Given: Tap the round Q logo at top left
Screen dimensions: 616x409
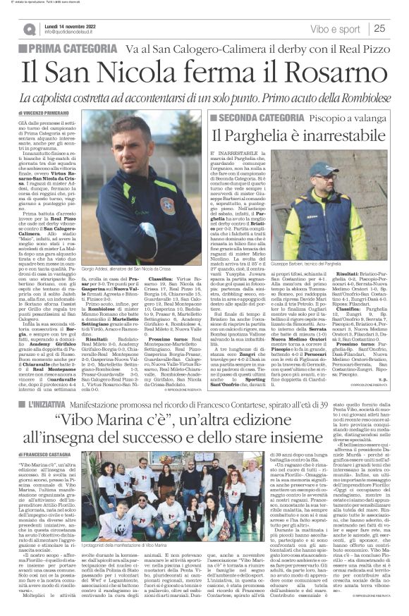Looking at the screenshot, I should pos(29,29).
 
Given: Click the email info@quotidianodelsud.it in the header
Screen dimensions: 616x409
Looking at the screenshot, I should pos(75,32).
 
